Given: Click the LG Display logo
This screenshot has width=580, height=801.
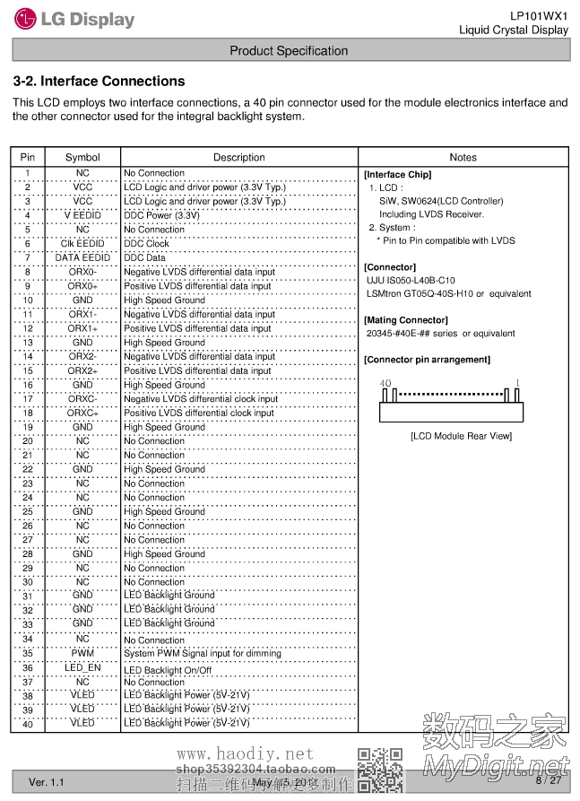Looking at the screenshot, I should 74,19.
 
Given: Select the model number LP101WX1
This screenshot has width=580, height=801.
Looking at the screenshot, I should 539,15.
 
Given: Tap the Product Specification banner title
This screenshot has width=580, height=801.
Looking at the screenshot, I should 289,51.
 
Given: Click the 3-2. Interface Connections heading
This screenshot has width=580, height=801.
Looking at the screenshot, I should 99,81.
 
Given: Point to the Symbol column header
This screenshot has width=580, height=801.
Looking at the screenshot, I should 82,157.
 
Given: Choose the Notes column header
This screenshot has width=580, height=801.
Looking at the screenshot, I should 463,157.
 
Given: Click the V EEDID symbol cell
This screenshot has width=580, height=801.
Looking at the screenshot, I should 82,215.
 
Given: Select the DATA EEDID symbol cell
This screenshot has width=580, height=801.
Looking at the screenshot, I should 82,257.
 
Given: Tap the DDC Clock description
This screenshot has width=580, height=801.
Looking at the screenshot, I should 146,243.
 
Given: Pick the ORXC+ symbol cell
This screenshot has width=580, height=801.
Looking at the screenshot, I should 82,413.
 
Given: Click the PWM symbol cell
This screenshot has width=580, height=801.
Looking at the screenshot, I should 82,653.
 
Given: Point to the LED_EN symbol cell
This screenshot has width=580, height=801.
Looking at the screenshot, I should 82,668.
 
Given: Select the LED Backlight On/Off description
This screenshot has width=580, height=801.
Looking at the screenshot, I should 168,669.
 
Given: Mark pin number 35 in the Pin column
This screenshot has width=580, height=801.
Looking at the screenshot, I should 28,653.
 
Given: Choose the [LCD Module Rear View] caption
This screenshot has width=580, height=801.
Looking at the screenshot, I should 461,436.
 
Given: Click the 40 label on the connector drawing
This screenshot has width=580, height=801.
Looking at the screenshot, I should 385,383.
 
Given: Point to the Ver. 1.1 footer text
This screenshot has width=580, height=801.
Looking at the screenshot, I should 47,782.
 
